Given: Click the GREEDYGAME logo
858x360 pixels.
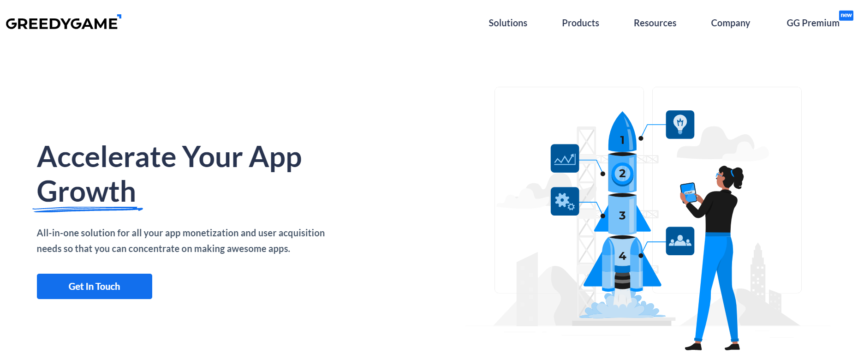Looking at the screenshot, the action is coord(63,23).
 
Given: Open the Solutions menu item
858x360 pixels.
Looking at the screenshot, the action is coord(508,23).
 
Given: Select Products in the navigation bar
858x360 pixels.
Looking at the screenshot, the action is coord(580,23).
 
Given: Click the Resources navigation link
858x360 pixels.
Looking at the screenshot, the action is coord(655,23).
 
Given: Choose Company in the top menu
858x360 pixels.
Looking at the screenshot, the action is coord(730,23).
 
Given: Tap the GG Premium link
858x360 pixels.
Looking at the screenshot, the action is coord(813,23).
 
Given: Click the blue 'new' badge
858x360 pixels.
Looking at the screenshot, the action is coord(846,15).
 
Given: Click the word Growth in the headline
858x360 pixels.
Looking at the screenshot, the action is coord(86,192).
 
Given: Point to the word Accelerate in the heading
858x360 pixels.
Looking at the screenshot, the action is coord(107,157).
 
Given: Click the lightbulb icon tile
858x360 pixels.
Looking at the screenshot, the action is coord(680,125).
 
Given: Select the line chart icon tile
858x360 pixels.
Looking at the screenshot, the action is coord(565,158).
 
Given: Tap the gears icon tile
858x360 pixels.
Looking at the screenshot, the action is coord(565,201).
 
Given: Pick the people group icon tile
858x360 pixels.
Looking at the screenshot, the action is coord(680,241).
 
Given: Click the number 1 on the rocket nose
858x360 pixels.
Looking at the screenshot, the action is coord(622,140).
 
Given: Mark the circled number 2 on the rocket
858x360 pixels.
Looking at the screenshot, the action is coord(622,174).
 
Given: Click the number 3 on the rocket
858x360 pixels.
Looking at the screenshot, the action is coord(622,216).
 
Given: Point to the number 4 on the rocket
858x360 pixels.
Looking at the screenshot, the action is coord(622,256).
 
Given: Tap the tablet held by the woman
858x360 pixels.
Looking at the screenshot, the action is coord(689,192).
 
